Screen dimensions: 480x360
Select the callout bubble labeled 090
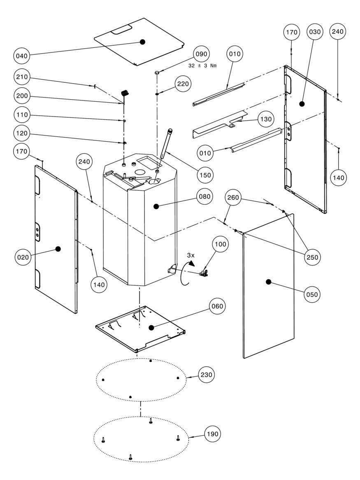(202, 54)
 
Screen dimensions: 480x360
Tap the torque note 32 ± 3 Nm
(202, 65)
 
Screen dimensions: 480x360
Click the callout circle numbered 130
(266, 119)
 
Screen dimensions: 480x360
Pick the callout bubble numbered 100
(221, 244)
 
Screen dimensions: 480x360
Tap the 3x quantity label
(190, 255)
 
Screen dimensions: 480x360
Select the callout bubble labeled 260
(233, 198)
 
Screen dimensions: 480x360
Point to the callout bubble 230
(207, 375)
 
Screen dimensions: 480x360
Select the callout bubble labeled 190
(213, 434)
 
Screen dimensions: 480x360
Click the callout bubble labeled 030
(314, 32)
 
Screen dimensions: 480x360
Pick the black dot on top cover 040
(143, 42)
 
